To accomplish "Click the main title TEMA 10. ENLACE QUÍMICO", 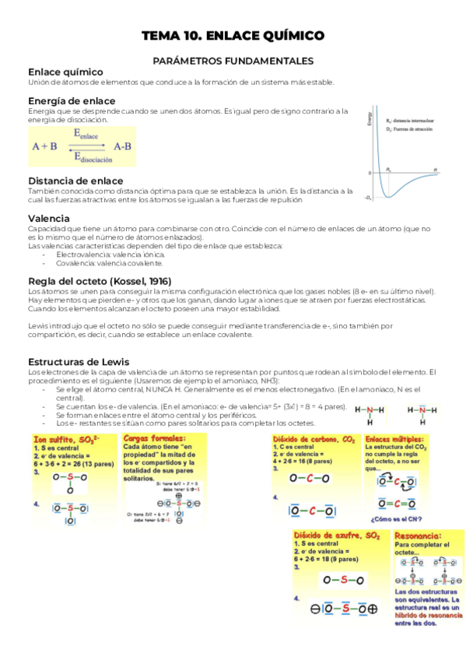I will tap(233, 36).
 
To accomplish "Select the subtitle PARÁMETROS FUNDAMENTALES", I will tap(233, 60).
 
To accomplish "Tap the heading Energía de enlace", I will tap(72, 101).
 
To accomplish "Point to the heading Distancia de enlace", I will tap(75, 181).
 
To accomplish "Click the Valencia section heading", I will tap(49, 219).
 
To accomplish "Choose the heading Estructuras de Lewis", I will tap(79, 362).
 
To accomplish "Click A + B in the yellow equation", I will tap(45, 146).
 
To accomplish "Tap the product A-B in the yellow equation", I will tap(122, 146).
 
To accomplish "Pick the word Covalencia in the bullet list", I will tap(77, 263).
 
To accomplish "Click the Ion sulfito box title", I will tap(61, 440).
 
